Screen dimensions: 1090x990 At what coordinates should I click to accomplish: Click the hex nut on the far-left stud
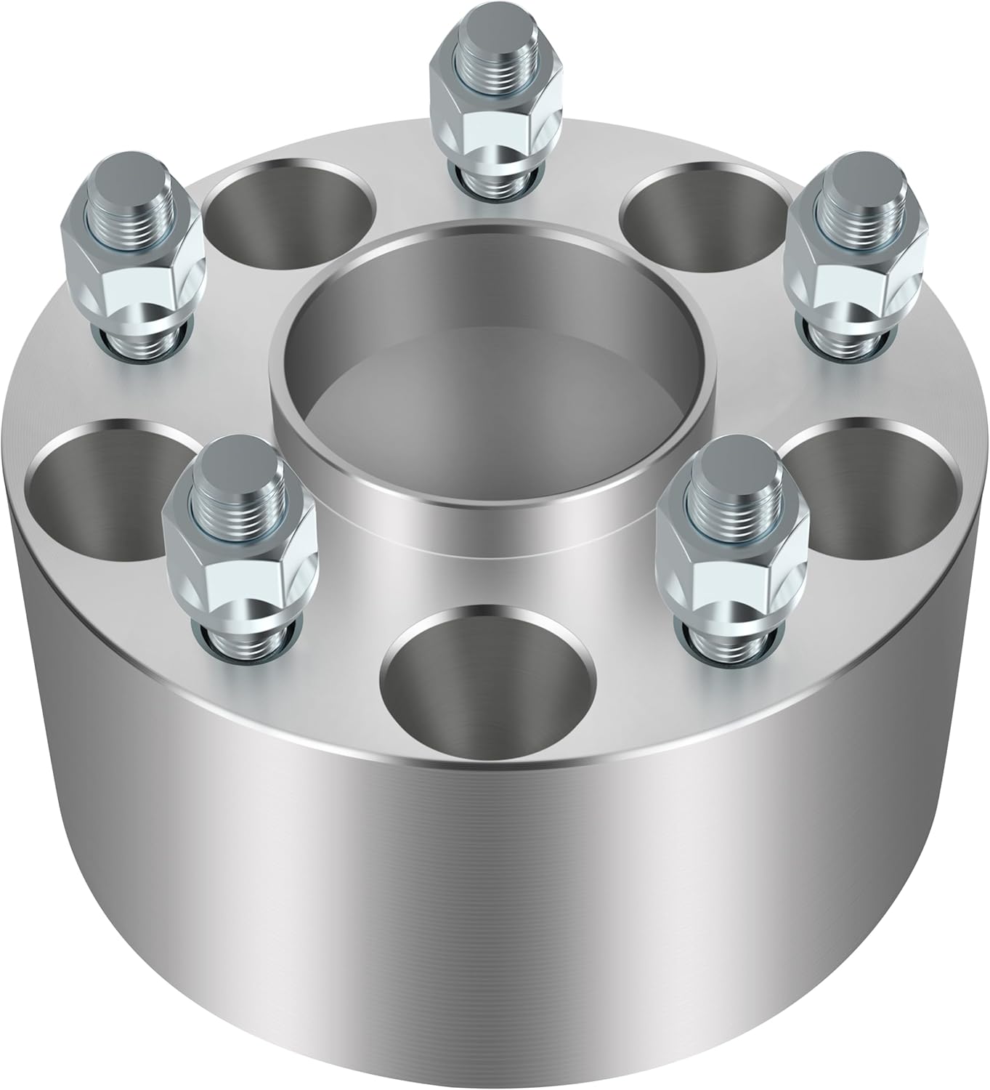[134, 269]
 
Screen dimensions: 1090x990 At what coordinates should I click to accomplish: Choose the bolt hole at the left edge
[102, 487]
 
